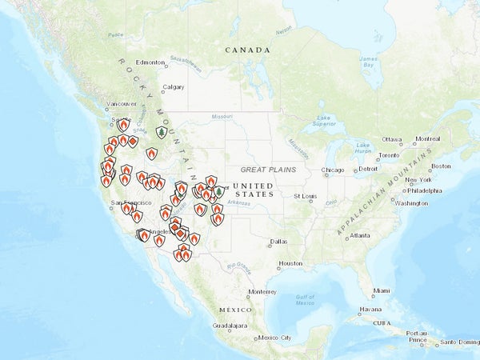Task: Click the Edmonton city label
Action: [x=150, y=62]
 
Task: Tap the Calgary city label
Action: [x=173, y=87]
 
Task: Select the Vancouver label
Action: [x=122, y=104]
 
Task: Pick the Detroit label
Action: [x=368, y=169]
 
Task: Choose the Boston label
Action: [x=442, y=166]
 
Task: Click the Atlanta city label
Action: [x=360, y=235]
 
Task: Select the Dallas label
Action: [x=278, y=242]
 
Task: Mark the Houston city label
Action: [x=290, y=263]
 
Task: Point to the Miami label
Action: [x=382, y=290]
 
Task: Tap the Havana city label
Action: [x=370, y=310]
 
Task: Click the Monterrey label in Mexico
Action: [x=262, y=292]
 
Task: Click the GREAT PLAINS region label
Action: [x=268, y=170]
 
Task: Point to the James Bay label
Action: [x=369, y=62]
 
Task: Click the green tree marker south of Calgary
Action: [x=161, y=131]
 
